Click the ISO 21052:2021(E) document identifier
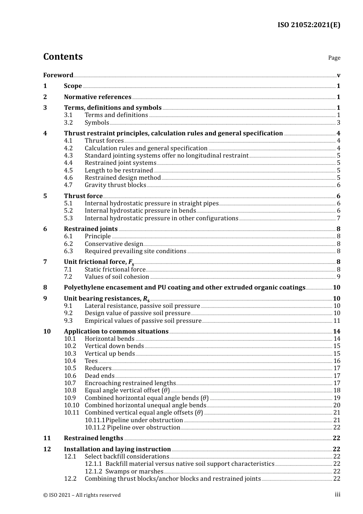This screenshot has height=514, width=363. tap(309, 25)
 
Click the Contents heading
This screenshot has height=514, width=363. tap(63, 57)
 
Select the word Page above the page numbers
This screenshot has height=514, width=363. tap(334, 58)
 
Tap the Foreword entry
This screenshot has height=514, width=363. tap(58, 75)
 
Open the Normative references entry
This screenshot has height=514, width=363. tap(97, 97)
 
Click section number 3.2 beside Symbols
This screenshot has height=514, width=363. tap(68, 123)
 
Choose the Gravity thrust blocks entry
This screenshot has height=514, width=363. tap(115, 185)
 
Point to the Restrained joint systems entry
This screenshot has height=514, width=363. tap(120, 163)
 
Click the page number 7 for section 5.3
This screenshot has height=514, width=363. tap(339, 218)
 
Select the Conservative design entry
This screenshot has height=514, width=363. tap(113, 244)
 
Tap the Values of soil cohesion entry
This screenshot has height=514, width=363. tap(117, 277)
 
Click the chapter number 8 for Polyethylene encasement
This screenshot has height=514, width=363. tap(45, 288)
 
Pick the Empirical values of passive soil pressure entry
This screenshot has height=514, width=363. tap(143, 321)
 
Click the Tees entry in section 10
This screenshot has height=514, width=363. tap(91, 361)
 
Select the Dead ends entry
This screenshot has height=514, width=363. tap(99, 376)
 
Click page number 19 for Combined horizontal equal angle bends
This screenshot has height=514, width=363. tap(337, 398)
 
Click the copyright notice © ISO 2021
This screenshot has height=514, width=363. tap(82, 495)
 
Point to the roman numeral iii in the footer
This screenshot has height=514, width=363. tap(337, 494)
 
